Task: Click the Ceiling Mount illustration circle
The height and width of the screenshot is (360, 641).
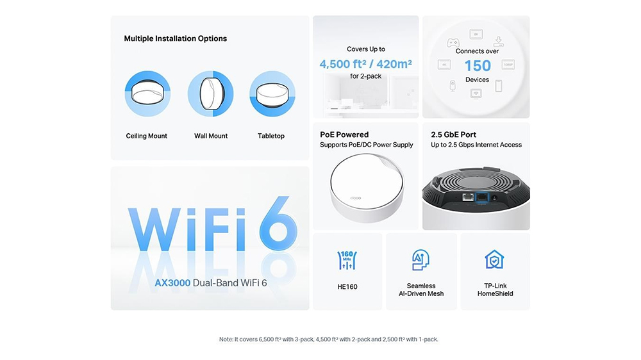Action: pyautogui.click(x=147, y=94)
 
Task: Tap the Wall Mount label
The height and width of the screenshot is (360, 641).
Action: pyautogui.click(x=211, y=136)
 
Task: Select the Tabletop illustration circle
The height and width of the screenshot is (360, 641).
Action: pyautogui.click(x=272, y=94)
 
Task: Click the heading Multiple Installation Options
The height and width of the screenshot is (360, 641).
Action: pyautogui.click(x=175, y=38)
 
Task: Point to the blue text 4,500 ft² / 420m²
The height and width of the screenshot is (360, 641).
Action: pyautogui.click(x=365, y=63)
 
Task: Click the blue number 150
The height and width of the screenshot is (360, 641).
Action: pyautogui.click(x=477, y=65)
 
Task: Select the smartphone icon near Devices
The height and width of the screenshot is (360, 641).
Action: pyautogui.click(x=498, y=86)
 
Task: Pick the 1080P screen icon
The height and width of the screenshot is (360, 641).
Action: pyautogui.click(x=508, y=65)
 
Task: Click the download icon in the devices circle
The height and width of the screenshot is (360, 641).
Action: pyautogui.click(x=499, y=42)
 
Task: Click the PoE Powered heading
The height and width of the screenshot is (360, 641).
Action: pyautogui.click(x=344, y=135)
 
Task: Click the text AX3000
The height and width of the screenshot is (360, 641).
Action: pyautogui.click(x=172, y=282)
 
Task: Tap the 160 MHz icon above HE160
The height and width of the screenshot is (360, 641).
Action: pyautogui.click(x=347, y=259)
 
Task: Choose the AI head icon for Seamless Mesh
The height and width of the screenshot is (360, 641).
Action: pyautogui.click(x=420, y=259)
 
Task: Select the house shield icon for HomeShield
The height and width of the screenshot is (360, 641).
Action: pyautogui.click(x=494, y=259)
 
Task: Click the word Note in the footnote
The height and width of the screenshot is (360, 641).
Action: pyautogui.click(x=226, y=340)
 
